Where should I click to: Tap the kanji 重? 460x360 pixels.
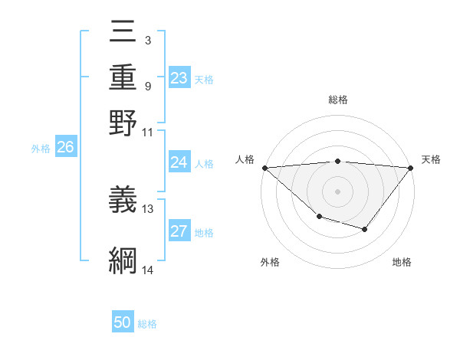[x=123, y=77]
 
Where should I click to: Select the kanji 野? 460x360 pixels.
[x=123, y=123]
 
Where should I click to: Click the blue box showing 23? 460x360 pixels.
[x=179, y=78]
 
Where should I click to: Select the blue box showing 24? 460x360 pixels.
[x=179, y=162]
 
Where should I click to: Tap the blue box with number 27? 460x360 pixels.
[x=179, y=231]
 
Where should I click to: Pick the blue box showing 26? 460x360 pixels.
[x=65, y=148]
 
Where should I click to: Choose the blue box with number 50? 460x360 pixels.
[x=123, y=322]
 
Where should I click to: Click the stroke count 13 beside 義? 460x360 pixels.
[x=148, y=208]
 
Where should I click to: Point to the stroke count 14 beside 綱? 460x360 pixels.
[x=148, y=270]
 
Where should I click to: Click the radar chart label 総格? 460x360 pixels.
[x=338, y=100]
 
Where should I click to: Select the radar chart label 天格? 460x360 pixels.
[x=431, y=159]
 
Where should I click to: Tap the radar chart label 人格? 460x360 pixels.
[x=245, y=159]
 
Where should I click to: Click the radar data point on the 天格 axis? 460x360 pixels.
[x=412, y=168]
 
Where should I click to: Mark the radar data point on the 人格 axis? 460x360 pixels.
[x=264, y=168]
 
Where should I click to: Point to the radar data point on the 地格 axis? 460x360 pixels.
[x=365, y=229]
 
